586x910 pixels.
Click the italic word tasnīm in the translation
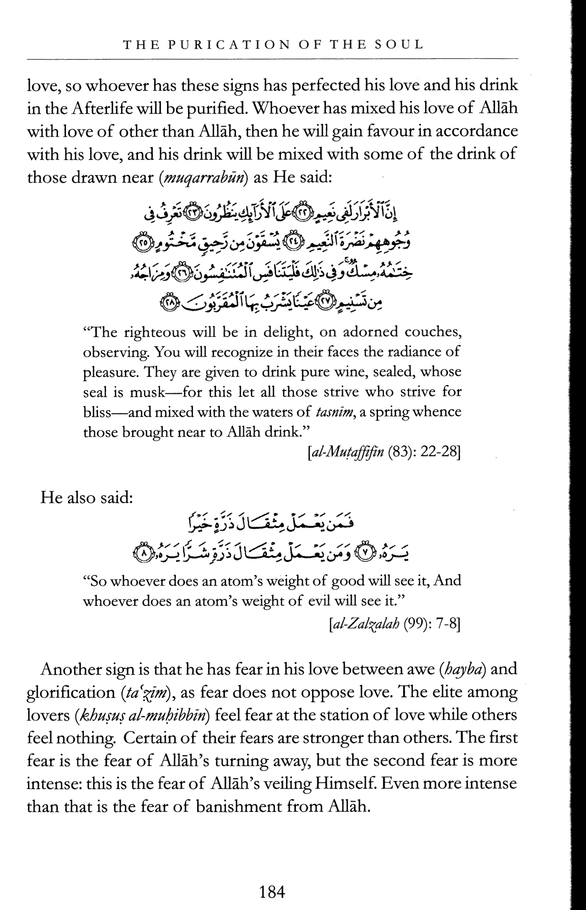click(x=334, y=412)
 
